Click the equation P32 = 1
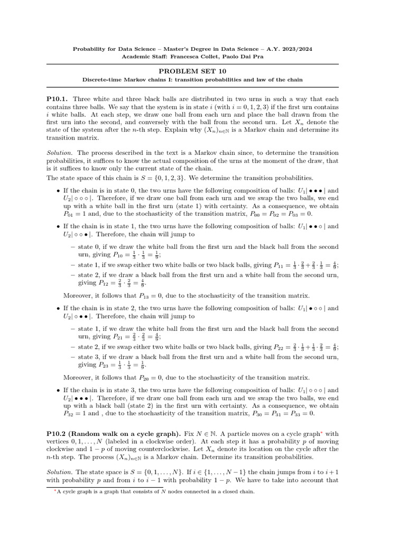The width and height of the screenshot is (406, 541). [x=78, y=414]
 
